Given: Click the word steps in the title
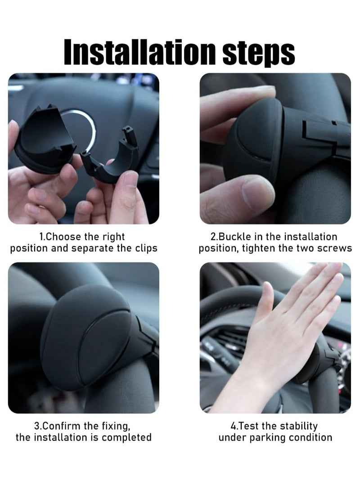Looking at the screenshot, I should point(258,53).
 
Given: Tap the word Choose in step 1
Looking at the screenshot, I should point(63,237).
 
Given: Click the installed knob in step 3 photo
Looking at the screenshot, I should point(85,335).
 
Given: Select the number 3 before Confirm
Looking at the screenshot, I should point(36,426).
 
